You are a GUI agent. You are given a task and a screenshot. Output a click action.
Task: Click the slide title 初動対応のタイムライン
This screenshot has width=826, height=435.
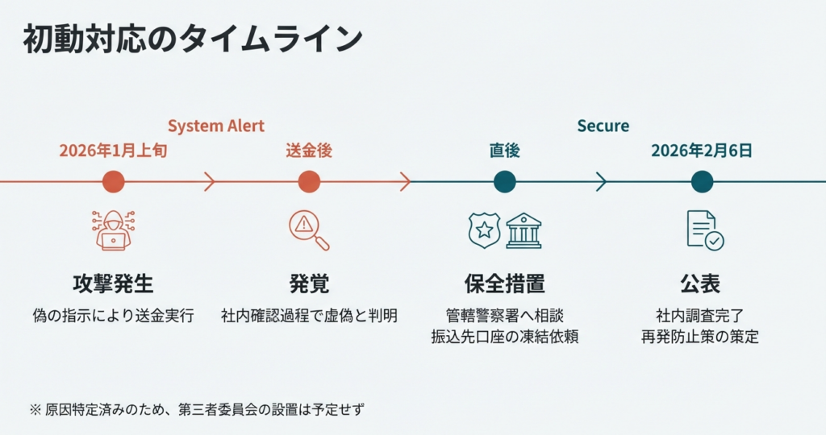tap(193, 39)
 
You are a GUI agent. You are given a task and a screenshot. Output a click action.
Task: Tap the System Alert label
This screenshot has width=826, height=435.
tap(216, 126)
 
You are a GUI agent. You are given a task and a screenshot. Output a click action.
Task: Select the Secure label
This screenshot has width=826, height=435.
tap(603, 126)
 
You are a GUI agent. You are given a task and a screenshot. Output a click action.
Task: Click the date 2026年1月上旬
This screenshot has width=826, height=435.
tap(113, 151)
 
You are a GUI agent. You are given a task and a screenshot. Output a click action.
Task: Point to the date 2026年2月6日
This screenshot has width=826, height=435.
tap(702, 151)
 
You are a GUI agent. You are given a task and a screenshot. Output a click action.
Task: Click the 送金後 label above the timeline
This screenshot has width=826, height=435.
tap(309, 151)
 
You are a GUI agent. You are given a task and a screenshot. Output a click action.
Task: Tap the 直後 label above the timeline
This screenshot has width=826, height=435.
tap(505, 151)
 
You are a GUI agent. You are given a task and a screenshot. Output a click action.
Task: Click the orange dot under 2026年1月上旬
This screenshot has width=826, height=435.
tap(113, 182)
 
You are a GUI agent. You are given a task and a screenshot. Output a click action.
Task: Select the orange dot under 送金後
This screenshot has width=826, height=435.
tap(309, 182)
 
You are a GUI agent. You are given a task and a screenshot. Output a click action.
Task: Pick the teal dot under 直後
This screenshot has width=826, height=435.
tap(505, 182)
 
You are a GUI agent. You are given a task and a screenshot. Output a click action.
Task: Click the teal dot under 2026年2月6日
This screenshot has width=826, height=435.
tap(702, 182)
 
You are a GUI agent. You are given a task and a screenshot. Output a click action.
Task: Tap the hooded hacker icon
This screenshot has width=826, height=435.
tap(113, 230)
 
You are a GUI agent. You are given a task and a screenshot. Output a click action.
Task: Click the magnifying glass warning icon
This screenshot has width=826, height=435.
tap(309, 230)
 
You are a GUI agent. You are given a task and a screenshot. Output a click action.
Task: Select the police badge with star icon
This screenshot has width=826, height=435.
tap(485, 230)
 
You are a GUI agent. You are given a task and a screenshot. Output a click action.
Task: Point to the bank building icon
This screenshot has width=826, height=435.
tap(524, 230)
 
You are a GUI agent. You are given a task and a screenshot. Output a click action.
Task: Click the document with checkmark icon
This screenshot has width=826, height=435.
tap(705, 230)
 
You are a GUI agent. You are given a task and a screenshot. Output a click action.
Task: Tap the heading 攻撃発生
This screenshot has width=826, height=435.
tap(113, 284)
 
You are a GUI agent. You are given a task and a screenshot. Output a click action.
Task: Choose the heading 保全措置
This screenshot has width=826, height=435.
tap(505, 284)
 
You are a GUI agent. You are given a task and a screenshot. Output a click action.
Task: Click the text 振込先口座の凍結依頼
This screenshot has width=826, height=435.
tap(505, 337)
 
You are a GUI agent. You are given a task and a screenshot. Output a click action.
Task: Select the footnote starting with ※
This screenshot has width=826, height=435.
tap(197, 409)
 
